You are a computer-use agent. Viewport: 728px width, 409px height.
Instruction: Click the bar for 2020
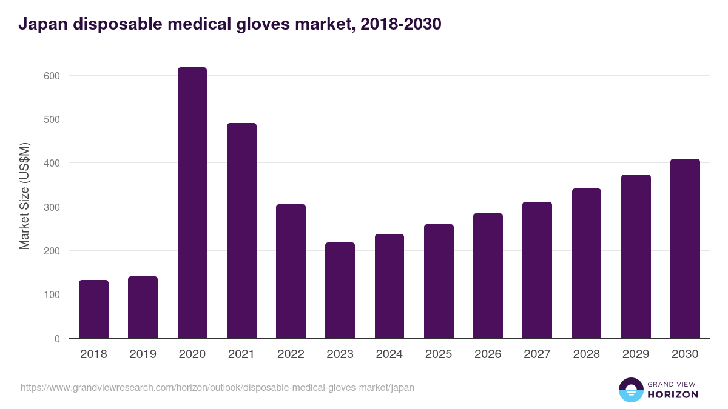(192, 203)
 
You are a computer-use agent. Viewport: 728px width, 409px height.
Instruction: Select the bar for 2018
(93, 309)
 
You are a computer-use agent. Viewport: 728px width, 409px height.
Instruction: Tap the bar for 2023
(340, 290)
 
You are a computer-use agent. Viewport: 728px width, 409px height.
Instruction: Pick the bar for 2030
(685, 248)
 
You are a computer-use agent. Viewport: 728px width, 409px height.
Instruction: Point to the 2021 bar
(241, 231)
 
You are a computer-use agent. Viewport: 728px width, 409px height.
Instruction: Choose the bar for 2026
(488, 276)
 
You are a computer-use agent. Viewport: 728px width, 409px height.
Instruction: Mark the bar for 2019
(143, 307)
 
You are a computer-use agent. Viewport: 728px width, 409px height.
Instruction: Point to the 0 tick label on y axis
(56, 339)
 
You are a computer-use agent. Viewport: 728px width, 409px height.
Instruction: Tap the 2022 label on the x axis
(291, 354)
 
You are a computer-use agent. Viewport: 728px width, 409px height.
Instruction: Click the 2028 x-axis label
(586, 354)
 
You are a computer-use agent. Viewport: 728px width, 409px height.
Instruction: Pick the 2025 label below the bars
(439, 354)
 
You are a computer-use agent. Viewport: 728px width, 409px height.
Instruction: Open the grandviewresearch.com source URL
(217, 387)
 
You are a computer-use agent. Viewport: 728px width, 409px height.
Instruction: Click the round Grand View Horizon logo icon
(630, 390)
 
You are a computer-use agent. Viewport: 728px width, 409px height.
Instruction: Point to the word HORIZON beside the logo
(673, 394)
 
